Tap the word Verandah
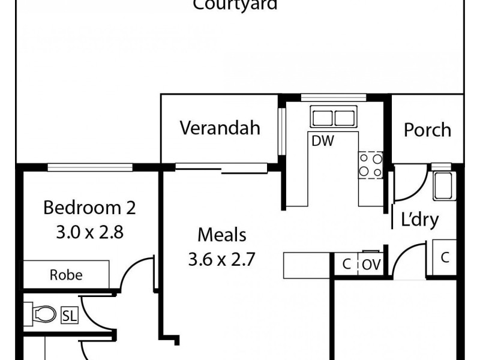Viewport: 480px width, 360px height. (x=220, y=128)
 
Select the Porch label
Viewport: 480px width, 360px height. (x=427, y=130)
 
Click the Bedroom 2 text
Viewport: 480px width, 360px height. (x=90, y=208)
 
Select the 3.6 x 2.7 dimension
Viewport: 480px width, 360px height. (x=223, y=260)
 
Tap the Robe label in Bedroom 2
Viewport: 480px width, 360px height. (x=66, y=275)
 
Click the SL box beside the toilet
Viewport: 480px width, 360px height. (x=69, y=314)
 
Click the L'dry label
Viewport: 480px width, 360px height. (x=420, y=220)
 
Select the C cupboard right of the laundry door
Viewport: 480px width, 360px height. (x=445, y=258)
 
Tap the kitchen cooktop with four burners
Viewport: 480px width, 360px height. (x=370, y=165)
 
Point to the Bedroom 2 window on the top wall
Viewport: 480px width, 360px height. (x=91, y=167)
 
